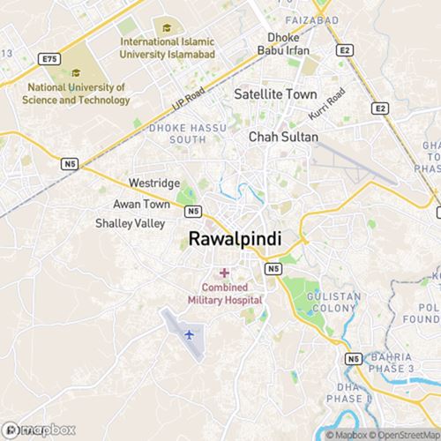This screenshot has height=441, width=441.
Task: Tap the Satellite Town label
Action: pyautogui.click(x=274, y=93)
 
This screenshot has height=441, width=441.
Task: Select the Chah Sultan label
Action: pyautogui.click(x=283, y=138)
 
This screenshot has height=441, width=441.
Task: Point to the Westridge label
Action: pyautogui.click(x=154, y=183)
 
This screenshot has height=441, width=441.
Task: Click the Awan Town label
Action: pyautogui.click(x=141, y=204)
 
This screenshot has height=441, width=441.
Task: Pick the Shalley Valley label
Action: pyautogui.click(x=130, y=224)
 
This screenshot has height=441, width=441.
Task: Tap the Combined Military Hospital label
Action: pyautogui.click(x=224, y=294)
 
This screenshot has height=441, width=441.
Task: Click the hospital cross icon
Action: pyautogui.click(x=224, y=272)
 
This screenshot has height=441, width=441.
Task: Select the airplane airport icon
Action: pyautogui.click(x=189, y=334)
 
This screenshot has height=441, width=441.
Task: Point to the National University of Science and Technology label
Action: pyautogui.click(x=77, y=94)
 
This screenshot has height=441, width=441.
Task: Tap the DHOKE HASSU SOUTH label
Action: pyautogui.click(x=179, y=133)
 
